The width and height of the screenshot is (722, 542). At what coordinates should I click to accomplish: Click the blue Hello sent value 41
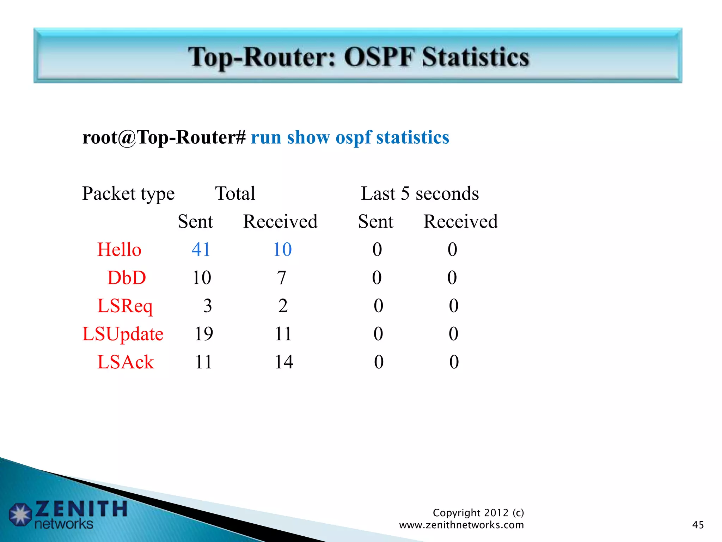(201, 249)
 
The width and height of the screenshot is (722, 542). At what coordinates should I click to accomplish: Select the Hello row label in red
(119, 249)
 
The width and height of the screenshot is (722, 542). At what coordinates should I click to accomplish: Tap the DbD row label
(127, 277)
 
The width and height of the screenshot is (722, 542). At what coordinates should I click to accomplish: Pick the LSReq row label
(125, 306)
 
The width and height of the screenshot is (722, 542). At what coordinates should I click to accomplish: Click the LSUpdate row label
(123, 334)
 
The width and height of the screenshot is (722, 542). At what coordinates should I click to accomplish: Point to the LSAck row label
(126, 362)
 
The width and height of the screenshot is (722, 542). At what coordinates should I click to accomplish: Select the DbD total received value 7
(281, 277)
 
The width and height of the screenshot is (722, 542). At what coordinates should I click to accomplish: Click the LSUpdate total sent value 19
(204, 334)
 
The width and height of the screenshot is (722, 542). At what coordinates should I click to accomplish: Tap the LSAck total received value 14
(284, 362)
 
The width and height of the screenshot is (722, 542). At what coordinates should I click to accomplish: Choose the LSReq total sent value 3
(207, 306)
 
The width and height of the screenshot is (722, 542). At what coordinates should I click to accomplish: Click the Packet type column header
(128, 194)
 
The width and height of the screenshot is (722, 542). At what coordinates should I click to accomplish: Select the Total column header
(235, 193)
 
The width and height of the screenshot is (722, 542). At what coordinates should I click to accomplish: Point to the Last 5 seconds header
(420, 193)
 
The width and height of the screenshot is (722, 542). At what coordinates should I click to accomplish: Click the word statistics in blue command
(412, 137)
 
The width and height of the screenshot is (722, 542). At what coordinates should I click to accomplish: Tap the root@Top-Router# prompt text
(164, 137)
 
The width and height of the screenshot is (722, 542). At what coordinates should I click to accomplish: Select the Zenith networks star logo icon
(20, 514)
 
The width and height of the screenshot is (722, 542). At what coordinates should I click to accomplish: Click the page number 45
(698, 525)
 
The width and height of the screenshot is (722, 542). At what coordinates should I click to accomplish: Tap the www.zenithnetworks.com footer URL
(461, 525)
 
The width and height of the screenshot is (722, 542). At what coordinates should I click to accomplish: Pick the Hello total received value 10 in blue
(282, 249)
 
